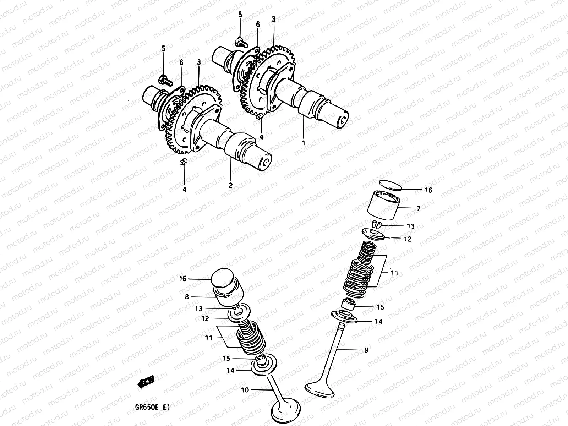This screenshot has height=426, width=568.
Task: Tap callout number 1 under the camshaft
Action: pyautogui.click(x=304, y=143)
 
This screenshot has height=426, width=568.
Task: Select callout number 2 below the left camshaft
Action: pyautogui.click(x=231, y=185)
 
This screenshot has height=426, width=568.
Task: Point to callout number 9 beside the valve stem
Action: pyautogui.click(x=366, y=350)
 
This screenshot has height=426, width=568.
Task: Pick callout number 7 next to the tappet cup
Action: pyautogui.click(x=418, y=209)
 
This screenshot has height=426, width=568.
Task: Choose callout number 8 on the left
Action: pyautogui.click(x=187, y=296)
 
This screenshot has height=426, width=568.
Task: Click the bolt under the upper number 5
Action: pyautogui.click(x=239, y=42)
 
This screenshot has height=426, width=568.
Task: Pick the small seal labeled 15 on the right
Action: pyautogui.click(x=349, y=305)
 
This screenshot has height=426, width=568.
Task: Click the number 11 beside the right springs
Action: pyautogui.click(x=394, y=273)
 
